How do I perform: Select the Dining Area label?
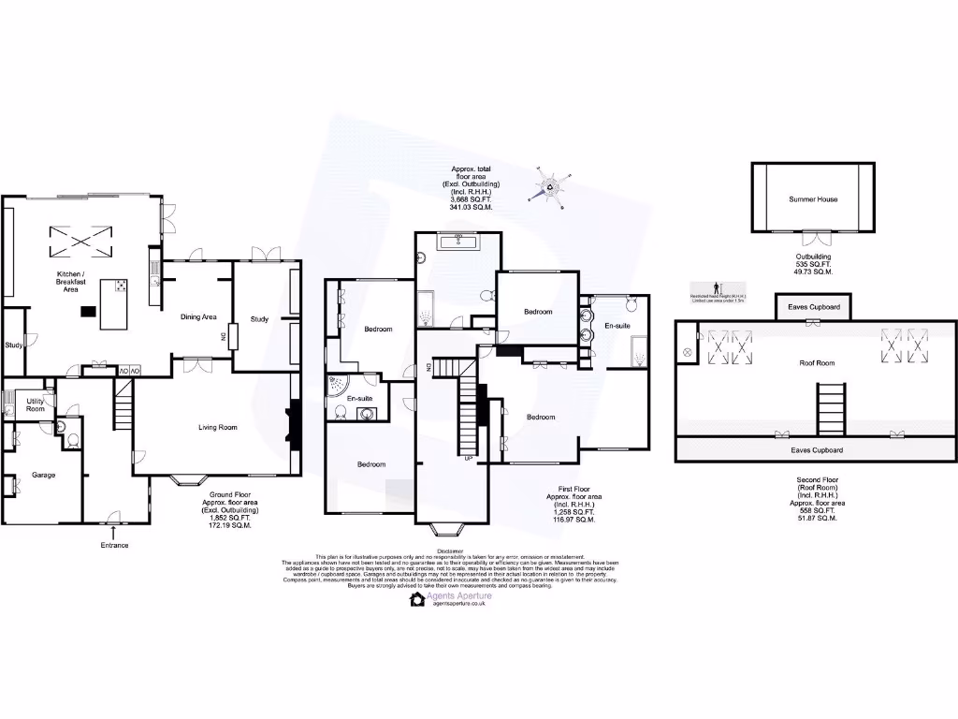click(198, 316)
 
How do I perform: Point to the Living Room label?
click(217, 427)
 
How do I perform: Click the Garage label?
click(43, 475)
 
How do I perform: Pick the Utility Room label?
click(35, 404)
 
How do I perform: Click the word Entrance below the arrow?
click(114, 545)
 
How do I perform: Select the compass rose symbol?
click(550, 185)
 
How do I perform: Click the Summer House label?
click(813, 199)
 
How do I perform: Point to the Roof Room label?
click(817, 362)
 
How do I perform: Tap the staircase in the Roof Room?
click(830, 410)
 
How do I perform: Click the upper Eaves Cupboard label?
click(813, 307)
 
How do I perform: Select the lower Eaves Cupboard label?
click(817, 450)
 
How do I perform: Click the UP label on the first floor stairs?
click(468, 458)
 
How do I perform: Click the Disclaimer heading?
click(449, 552)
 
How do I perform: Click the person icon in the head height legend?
click(717, 287)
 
